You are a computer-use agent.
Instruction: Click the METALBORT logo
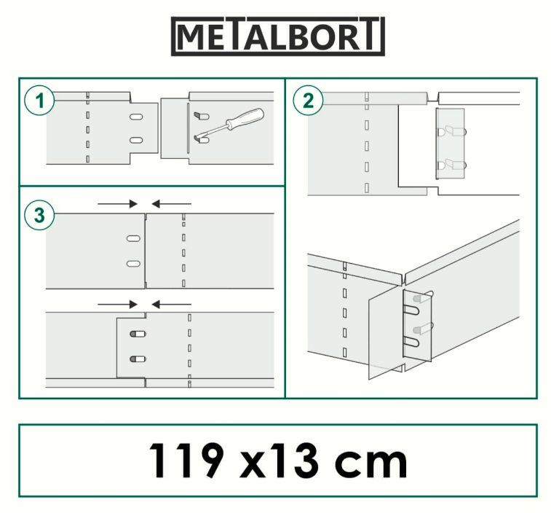(x=277, y=36)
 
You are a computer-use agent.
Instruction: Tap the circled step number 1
(x=39, y=101)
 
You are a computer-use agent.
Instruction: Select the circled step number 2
(x=308, y=101)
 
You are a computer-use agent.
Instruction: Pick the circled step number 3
(x=39, y=215)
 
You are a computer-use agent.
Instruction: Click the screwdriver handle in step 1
(x=245, y=118)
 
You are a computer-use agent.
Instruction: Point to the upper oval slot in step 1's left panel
(x=136, y=117)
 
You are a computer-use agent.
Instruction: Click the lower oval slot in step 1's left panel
(x=136, y=141)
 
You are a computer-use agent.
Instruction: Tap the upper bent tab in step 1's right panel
(x=202, y=115)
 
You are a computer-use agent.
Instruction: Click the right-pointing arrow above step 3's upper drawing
(x=117, y=204)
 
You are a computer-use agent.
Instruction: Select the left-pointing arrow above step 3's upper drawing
(x=172, y=204)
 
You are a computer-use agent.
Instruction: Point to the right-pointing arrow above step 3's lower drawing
(x=117, y=305)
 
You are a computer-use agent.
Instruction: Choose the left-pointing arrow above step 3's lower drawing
(x=172, y=305)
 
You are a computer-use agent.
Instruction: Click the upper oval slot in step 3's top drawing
(x=133, y=238)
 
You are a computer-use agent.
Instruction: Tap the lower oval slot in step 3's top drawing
(x=133, y=264)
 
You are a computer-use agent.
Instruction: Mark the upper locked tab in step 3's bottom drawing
(x=138, y=334)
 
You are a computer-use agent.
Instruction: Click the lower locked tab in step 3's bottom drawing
(x=138, y=359)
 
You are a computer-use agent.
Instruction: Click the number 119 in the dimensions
(x=186, y=461)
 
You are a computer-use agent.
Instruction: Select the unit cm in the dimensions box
(x=370, y=463)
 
